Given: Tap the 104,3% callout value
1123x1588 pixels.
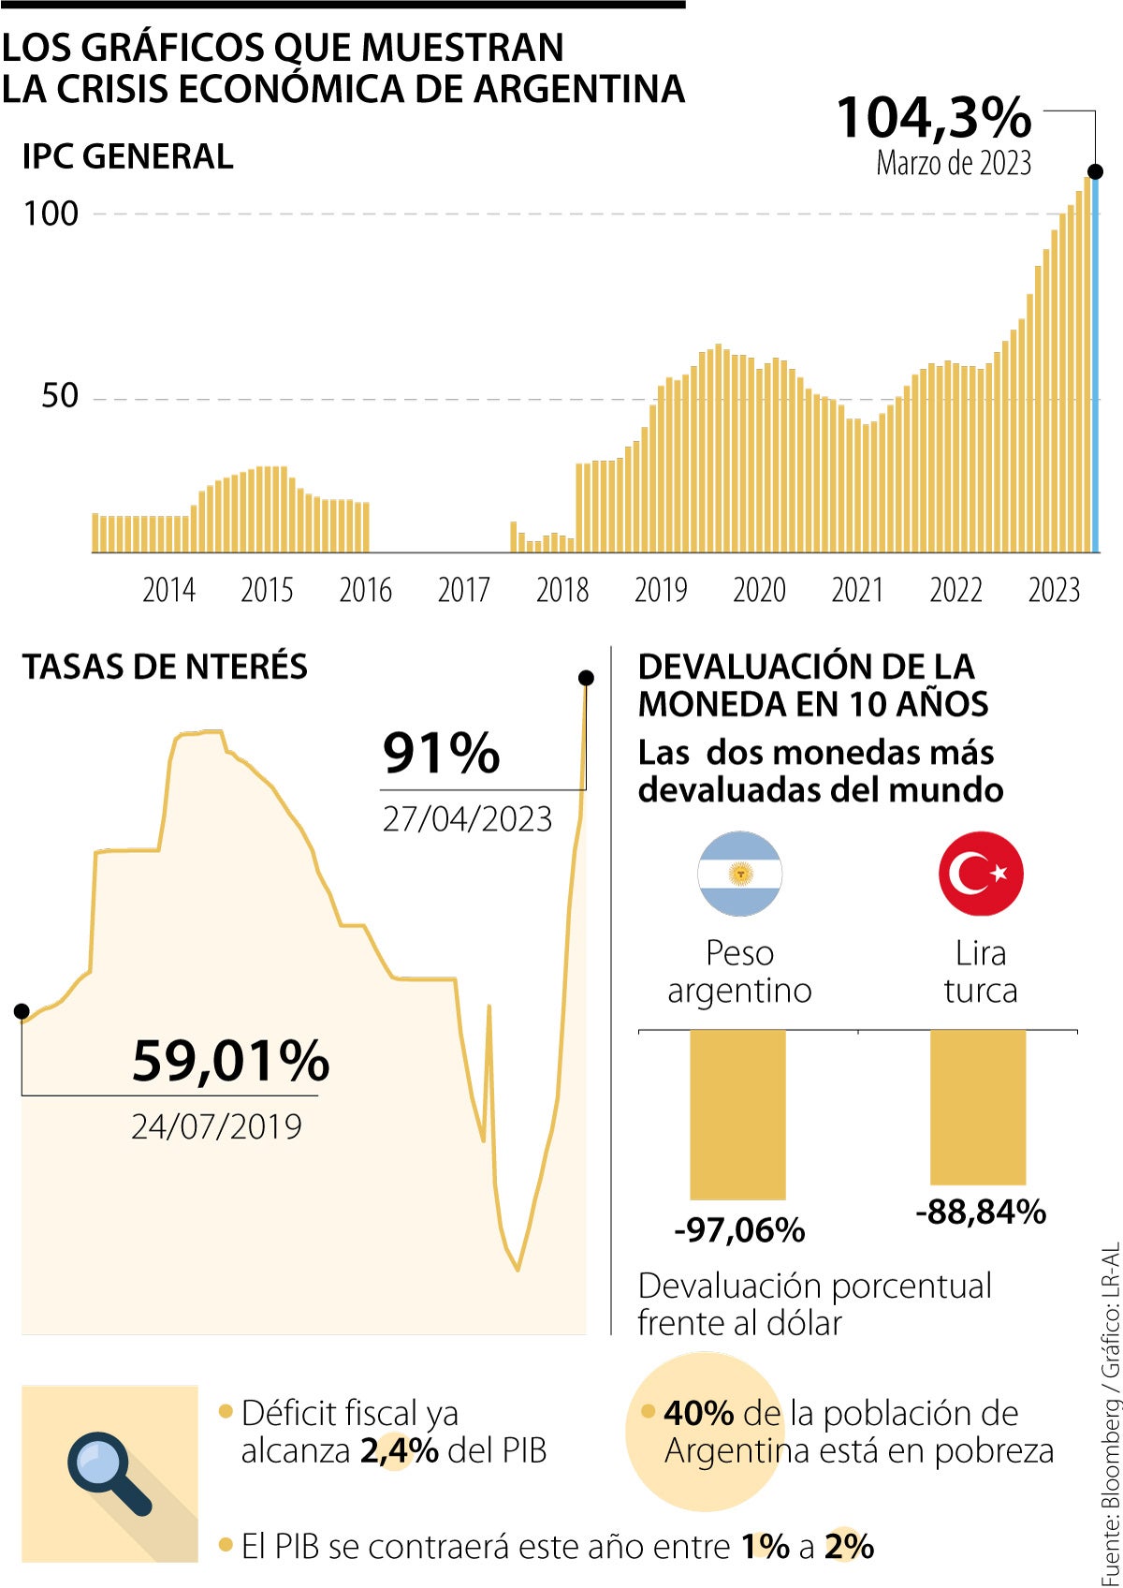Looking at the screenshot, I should click(933, 118).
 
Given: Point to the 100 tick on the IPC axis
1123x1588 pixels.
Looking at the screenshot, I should click(51, 213).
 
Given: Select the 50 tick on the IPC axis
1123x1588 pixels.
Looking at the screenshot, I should click(60, 396).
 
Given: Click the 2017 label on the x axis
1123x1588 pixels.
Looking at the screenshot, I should click(463, 590).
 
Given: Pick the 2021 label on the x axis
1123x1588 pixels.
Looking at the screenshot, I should click(857, 590).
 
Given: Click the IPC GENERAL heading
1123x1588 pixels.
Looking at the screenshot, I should click(127, 156).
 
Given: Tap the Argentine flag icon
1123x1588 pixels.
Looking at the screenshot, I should click(739, 874).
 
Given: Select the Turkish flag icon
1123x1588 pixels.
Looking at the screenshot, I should click(981, 874).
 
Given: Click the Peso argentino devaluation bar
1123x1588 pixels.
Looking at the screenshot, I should click(737, 1114).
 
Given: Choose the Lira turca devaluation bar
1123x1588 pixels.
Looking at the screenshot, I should click(978, 1107).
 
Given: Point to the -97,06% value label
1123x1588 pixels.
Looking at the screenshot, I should click(739, 1229).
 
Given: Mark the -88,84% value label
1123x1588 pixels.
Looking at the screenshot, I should click(980, 1212).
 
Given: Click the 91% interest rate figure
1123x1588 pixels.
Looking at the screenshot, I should click(442, 753).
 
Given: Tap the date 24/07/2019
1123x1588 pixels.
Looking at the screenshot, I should click(216, 1126).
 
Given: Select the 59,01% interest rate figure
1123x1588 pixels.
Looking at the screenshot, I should click(230, 1061).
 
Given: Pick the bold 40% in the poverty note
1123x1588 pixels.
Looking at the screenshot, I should click(698, 1413).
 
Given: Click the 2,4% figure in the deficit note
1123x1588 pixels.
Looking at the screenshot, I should click(400, 1450).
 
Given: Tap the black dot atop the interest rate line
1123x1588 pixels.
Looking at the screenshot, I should click(586, 678).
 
